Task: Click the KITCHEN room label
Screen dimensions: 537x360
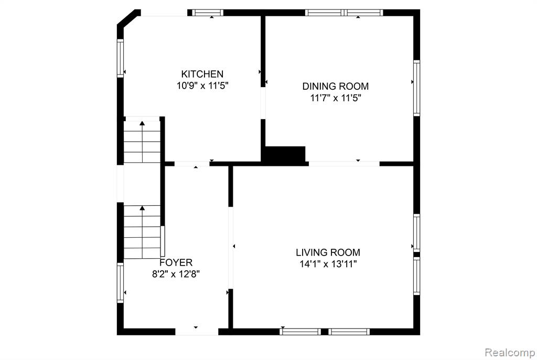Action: [x=202, y=74]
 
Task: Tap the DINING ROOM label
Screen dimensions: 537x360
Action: [x=335, y=86]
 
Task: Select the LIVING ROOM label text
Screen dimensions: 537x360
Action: [x=328, y=253]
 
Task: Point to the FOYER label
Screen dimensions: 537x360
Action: [x=176, y=262]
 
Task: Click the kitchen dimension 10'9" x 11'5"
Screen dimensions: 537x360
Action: [x=202, y=86]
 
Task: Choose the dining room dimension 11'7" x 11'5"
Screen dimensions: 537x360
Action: [x=336, y=98]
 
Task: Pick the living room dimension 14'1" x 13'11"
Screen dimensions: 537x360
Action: [x=328, y=264]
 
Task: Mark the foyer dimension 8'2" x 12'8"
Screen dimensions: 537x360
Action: [x=176, y=274]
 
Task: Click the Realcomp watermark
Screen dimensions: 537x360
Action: [x=510, y=353]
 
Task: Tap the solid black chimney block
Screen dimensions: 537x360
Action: [x=285, y=155]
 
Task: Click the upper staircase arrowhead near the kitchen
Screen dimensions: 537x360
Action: [x=142, y=123]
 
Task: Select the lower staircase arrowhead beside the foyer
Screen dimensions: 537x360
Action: [x=142, y=208]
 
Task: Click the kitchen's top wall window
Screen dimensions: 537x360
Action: [x=207, y=13]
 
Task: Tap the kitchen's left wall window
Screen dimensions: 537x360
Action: [x=120, y=58]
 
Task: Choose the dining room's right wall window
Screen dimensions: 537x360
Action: [x=416, y=88]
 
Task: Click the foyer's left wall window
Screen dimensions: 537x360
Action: [x=120, y=283]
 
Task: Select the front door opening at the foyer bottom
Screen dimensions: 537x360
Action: [x=197, y=332]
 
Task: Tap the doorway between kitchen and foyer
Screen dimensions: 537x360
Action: [x=192, y=164]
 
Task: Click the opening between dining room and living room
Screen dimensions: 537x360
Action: [x=344, y=164]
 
